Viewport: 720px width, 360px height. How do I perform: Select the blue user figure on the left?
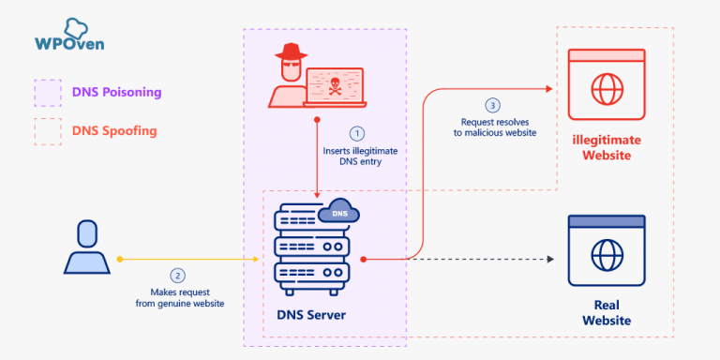[86, 250]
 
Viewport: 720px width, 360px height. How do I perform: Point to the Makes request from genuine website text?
[177, 297]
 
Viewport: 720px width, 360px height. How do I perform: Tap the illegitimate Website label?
[601, 147]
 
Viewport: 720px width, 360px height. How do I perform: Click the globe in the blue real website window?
[606, 255]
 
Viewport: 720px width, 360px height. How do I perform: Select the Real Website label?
[606, 313]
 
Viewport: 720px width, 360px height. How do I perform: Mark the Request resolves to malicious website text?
[498, 127]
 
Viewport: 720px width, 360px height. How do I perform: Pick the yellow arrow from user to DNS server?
[187, 259]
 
